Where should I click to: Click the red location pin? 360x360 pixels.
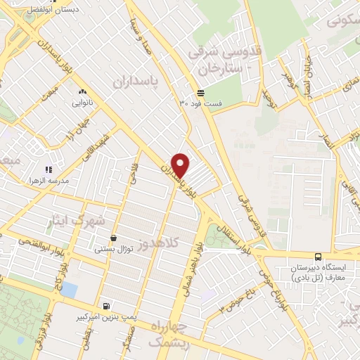pyautogui.click(x=181, y=165)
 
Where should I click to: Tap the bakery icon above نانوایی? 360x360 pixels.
pyautogui.click(x=83, y=92)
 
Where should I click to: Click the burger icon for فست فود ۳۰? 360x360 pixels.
pyautogui.click(x=201, y=92)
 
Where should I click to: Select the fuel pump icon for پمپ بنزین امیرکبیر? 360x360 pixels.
pyautogui.click(x=105, y=307)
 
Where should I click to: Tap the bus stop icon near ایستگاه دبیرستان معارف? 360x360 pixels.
pyautogui.click(x=319, y=257)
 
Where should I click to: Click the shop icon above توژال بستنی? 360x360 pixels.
pyautogui.click(x=113, y=239)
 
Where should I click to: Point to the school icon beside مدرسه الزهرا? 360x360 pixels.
pyautogui.click(x=49, y=169)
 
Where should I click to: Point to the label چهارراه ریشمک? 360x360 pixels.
pyautogui.click(x=174, y=335)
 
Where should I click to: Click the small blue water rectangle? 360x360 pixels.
pyautogui.click(x=70, y=290)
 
